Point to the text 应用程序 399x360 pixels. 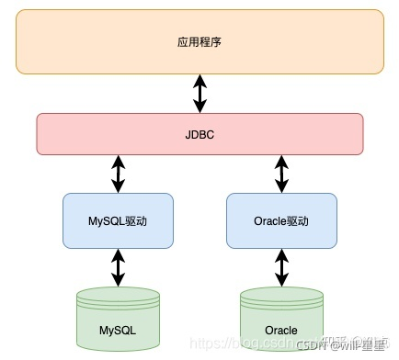[199, 42]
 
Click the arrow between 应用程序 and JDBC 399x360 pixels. [199, 94]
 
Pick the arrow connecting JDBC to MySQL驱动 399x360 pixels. [118, 174]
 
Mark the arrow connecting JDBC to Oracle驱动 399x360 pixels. [280, 174]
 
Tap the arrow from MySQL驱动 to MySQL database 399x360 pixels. [118, 267]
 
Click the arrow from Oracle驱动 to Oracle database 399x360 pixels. [280, 267]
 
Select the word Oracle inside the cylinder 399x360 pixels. [280, 330]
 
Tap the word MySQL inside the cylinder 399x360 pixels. [118, 329]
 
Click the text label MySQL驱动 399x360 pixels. [118, 221]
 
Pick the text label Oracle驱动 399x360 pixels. [280, 221]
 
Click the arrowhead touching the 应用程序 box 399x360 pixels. [199, 79]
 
